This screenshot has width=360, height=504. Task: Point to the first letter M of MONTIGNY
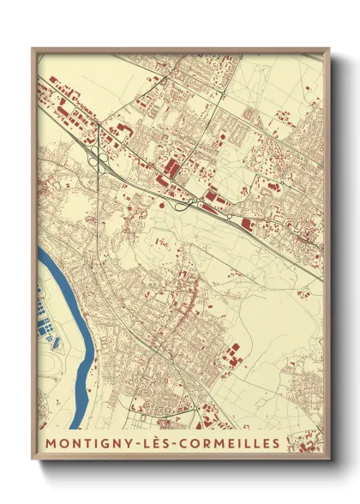[x=50, y=443]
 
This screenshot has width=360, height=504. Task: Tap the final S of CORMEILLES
[x=276, y=443]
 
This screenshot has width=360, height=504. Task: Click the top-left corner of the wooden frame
[x=33, y=49]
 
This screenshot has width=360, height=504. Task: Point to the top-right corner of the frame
[x=329, y=49]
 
